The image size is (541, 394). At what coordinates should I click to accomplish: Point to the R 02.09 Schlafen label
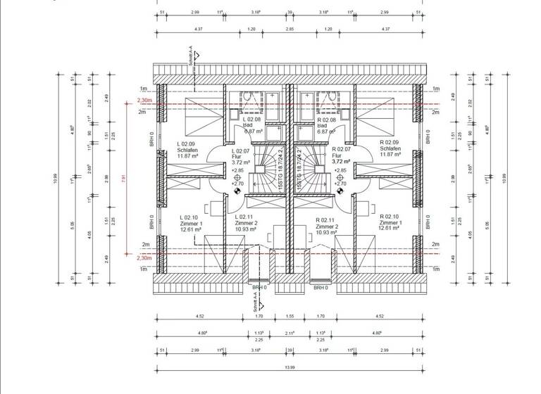[x=390, y=149]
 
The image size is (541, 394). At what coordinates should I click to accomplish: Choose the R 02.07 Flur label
[x=342, y=155]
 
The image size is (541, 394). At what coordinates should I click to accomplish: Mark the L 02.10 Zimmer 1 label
[x=192, y=222]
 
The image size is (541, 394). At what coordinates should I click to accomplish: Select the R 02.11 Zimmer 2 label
[x=328, y=222]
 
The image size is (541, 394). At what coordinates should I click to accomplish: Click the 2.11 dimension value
[x=290, y=333]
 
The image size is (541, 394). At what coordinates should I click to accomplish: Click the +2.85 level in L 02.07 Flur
[x=237, y=170]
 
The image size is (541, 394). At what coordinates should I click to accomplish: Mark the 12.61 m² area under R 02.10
[x=389, y=229]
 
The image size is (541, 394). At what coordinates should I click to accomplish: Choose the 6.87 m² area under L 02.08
[x=254, y=132]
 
